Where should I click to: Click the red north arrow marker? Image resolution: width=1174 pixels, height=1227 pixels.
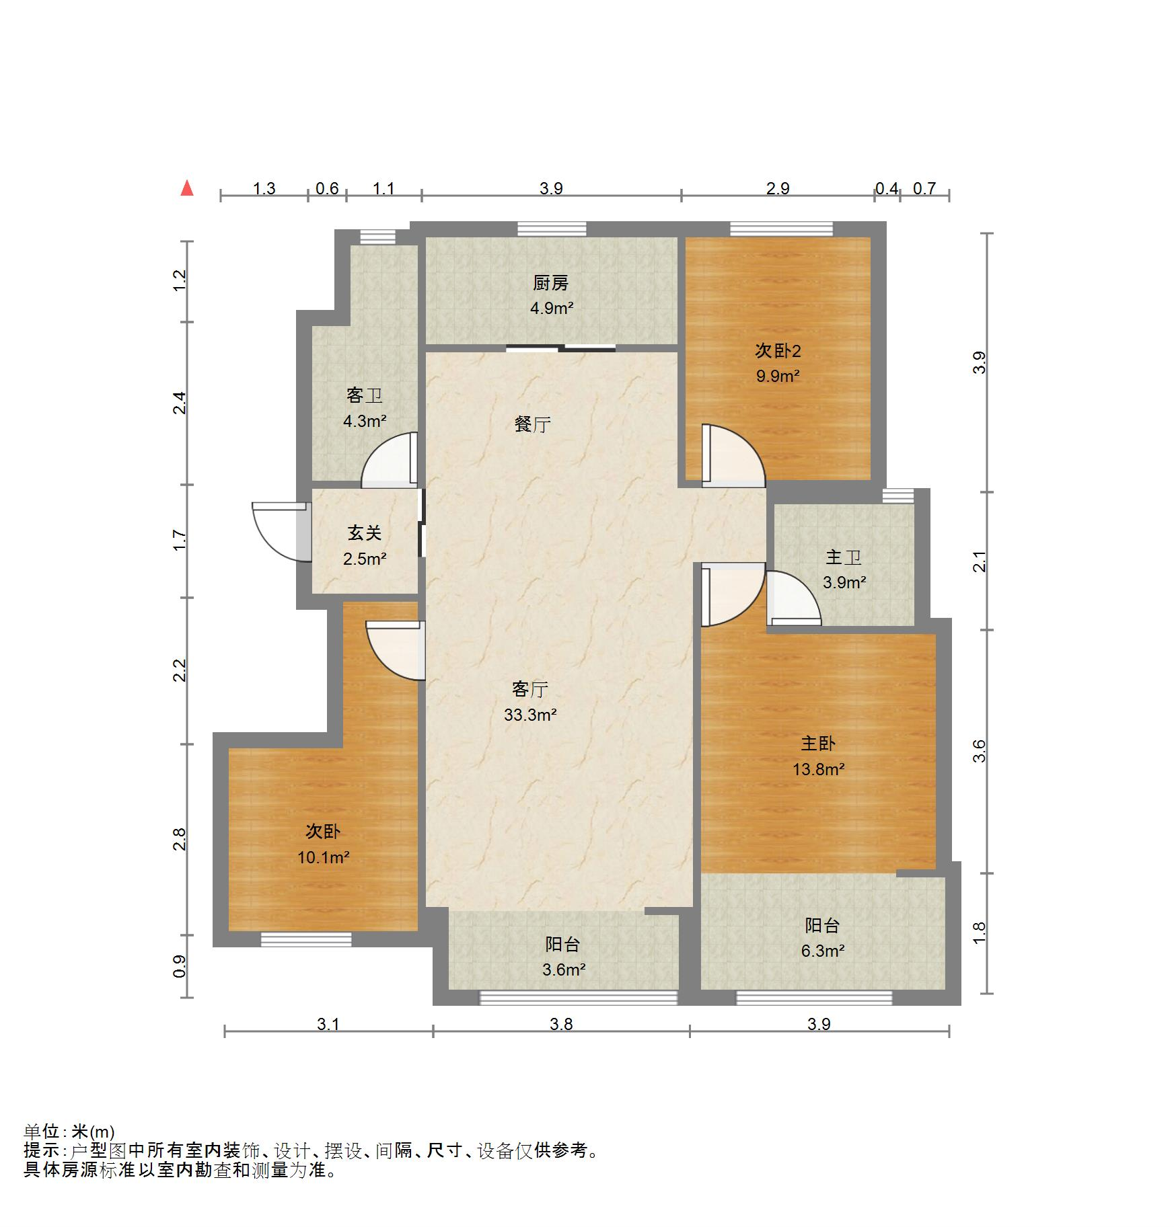[x=187, y=188]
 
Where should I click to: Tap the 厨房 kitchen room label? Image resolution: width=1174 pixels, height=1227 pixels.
[x=551, y=283]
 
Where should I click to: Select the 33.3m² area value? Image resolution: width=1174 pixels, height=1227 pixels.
[x=530, y=715]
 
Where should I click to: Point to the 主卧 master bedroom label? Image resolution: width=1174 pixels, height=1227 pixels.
[x=818, y=743]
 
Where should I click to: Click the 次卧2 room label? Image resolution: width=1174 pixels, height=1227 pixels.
[x=778, y=350]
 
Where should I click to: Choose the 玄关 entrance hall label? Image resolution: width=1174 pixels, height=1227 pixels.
[x=365, y=533]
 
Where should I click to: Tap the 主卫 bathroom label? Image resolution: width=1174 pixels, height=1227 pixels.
[x=844, y=557]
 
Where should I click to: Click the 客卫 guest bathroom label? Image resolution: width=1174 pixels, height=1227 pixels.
[x=365, y=395]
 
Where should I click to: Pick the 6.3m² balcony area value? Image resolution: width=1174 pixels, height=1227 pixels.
[x=823, y=951]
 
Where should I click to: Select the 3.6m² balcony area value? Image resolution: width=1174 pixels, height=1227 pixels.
[x=564, y=969]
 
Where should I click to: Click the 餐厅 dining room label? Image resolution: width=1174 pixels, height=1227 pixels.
[x=533, y=424]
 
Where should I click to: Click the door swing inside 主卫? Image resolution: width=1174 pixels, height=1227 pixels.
[x=793, y=598]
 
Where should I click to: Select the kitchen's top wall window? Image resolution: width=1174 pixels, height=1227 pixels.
[x=552, y=229]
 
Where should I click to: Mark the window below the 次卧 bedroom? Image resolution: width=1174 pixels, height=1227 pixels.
[x=306, y=939]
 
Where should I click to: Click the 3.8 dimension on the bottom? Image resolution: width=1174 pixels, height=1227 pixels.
[x=561, y=1024]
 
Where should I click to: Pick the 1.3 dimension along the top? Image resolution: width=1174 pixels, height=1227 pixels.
[x=264, y=188]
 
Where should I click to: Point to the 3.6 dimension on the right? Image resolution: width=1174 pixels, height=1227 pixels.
[x=980, y=750]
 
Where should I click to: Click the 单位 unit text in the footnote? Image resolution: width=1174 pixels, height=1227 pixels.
[x=42, y=1132]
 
